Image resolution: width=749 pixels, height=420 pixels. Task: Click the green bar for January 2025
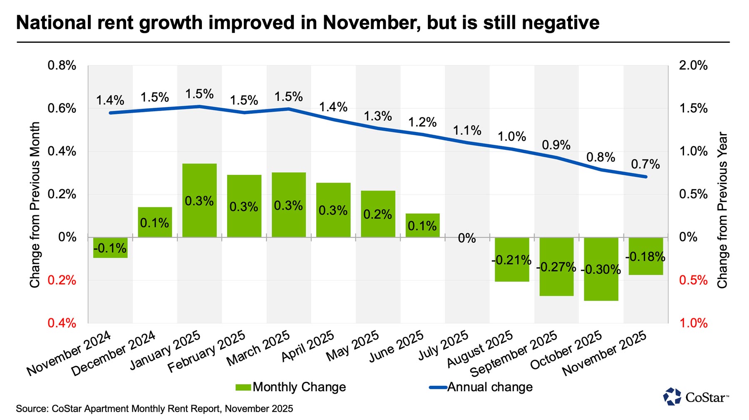click(x=199, y=200)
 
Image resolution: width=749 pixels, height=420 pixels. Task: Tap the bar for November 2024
click(x=110, y=248)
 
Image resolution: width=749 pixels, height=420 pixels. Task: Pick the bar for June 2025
click(x=422, y=225)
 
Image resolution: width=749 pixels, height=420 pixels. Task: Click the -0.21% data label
click(x=511, y=261)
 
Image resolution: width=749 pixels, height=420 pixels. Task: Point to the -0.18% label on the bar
click(x=645, y=257)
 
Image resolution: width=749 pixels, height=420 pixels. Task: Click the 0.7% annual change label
click(x=645, y=164)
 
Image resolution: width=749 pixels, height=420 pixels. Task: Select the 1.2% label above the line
click(x=422, y=122)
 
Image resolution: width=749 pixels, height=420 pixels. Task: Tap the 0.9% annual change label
click(x=556, y=145)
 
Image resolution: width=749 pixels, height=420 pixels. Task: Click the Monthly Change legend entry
click(x=291, y=387)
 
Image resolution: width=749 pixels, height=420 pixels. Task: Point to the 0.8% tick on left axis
click(x=62, y=65)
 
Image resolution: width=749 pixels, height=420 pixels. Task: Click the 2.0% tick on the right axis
click(x=693, y=65)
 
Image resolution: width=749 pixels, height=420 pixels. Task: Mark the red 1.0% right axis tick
click(x=693, y=323)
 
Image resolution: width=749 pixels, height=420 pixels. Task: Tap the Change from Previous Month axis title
click(x=35, y=204)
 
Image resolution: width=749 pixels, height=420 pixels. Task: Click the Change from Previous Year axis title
click(x=722, y=210)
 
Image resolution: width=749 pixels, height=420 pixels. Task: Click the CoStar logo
click(x=696, y=397)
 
